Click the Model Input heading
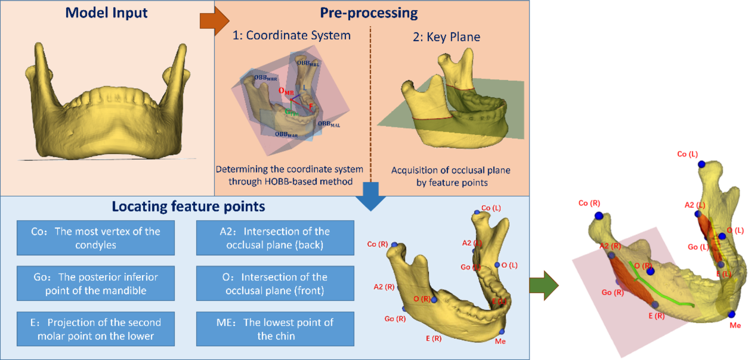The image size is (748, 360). (x=106, y=13)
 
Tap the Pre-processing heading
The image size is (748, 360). (x=368, y=13)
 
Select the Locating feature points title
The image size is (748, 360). (x=188, y=206)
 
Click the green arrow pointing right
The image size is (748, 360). (x=544, y=285)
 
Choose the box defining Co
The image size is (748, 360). (x=95, y=238)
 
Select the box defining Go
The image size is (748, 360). (x=95, y=283)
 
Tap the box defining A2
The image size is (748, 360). (x=275, y=238)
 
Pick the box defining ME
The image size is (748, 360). (x=275, y=329)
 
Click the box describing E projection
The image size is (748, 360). (x=95, y=329)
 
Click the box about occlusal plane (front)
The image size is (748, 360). (x=275, y=283)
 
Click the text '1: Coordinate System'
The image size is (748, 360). (x=291, y=35)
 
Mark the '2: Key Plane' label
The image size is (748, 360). (x=446, y=37)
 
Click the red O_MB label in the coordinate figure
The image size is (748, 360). (x=286, y=91)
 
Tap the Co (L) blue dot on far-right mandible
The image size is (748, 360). (x=701, y=164)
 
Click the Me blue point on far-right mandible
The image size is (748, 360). (x=732, y=314)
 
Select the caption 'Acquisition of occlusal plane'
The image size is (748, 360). (x=451, y=170)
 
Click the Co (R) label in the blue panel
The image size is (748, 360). (x=377, y=244)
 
